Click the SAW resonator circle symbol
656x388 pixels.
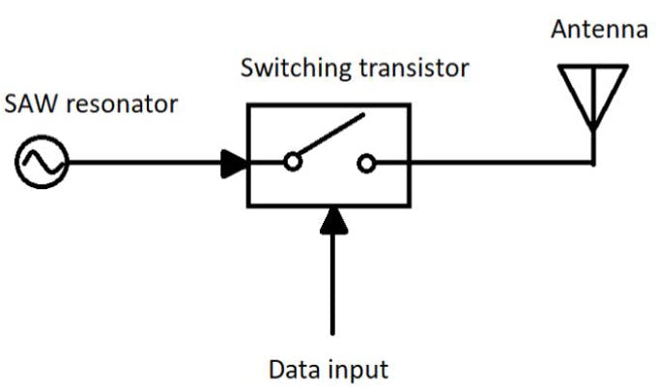pyautogui.click(x=42, y=161)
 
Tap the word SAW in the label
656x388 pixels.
pyautogui.click(x=28, y=104)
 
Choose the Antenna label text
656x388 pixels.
pyautogui.click(x=599, y=30)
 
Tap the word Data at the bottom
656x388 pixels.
pyautogui.click(x=292, y=369)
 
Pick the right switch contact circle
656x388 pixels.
pyautogui.click(x=366, y=163)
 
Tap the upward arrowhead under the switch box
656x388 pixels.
pyautogui.click(x=332, y=219)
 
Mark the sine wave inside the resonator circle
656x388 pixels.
pyautogui.click(x=42, y=161)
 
